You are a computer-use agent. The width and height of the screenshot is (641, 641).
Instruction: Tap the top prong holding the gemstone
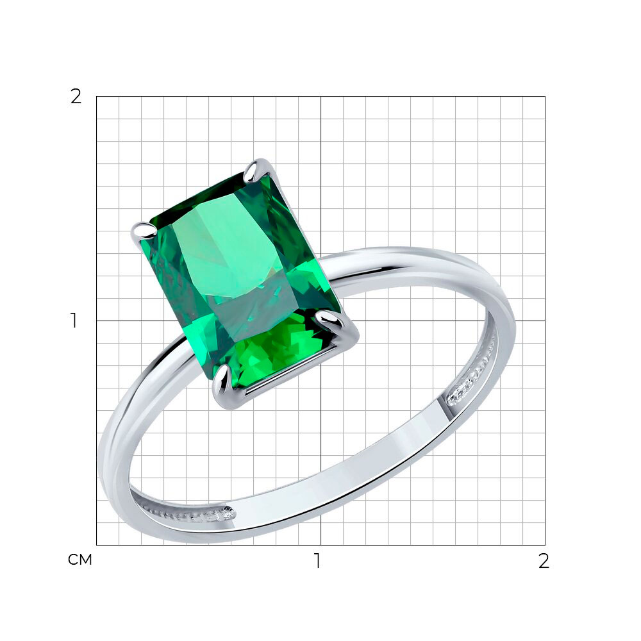tap(253, 171)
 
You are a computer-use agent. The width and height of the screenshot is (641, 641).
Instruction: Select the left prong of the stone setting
tap(144, 231)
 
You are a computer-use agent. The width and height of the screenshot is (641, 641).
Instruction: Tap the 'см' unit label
tap(80, 560)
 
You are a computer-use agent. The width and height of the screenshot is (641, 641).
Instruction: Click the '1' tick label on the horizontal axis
tap(318, 561)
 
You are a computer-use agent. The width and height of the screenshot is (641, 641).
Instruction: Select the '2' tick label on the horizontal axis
tap(544, 561)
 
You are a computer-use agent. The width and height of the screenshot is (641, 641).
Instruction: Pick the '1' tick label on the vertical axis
tap(74, 320)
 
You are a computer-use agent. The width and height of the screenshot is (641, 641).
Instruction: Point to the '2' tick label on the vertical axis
tap(76, 97)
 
